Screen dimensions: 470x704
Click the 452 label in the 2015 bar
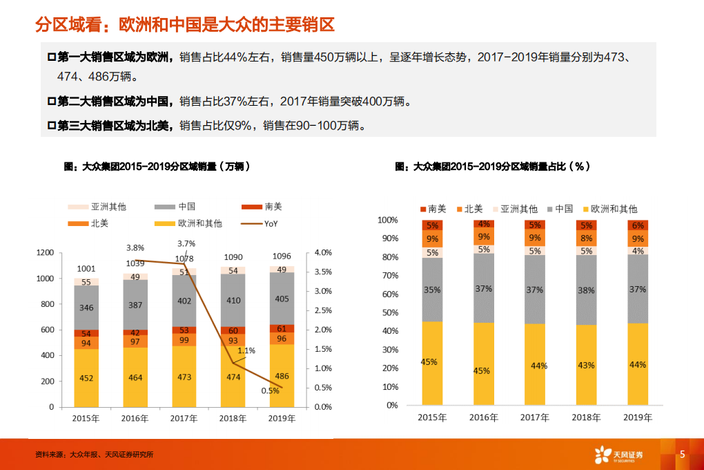(86, 377)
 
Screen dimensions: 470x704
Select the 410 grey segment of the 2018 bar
(233, 301)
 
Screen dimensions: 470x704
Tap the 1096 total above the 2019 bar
(282, 256)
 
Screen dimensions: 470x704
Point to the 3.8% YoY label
(135, 247)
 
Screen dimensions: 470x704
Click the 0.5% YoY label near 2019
(270, 391)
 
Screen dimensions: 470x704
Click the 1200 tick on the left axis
(45, 253)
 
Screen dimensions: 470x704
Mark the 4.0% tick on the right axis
(323, 253)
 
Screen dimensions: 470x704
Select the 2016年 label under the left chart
(135, 418)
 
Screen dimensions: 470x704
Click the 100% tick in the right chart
(388, 220)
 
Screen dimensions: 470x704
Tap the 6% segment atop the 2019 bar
(637, 225)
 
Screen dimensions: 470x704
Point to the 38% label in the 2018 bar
(586, 290)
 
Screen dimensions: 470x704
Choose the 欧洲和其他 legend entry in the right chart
(614, 209)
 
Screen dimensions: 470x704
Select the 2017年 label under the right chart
(535, 417)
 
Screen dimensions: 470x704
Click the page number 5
(682, 454)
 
